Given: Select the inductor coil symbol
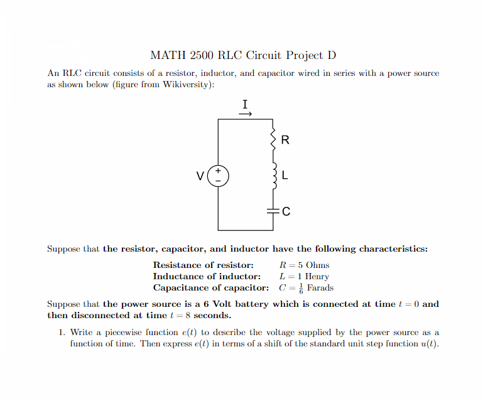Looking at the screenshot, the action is point(273,176).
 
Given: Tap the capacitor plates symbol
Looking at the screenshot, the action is point(273,211).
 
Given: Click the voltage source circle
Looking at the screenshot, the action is point(218,176).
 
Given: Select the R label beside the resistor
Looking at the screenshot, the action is point(285,140).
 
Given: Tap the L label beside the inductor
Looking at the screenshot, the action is point(285,176).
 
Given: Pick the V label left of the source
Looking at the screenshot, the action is point(200,176).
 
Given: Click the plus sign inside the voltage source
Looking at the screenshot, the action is point(218,171).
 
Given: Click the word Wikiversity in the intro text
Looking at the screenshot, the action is point(185,85).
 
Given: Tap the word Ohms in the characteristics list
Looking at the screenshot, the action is point(317,265).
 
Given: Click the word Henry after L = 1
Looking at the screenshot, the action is point(317,276).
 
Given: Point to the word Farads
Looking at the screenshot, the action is point(320,288).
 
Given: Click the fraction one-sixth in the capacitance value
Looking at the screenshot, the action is point(301,288).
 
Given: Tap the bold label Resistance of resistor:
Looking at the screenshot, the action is point(204,265).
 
